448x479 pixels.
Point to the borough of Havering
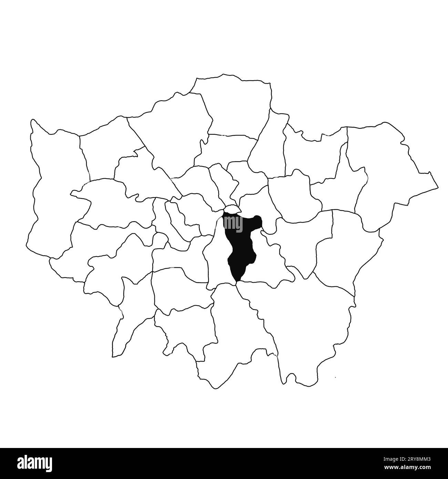pyautogui.click(x=386, y=172)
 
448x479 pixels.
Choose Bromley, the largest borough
pyautogui.click(x=303, y=320)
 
